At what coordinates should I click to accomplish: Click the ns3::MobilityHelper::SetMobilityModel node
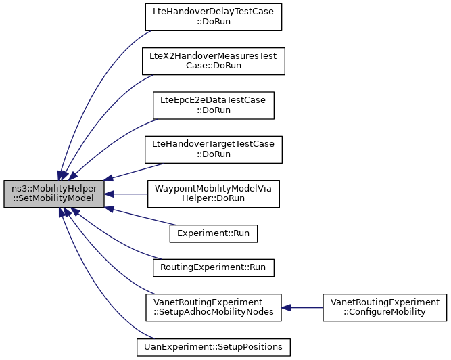coord(54,194)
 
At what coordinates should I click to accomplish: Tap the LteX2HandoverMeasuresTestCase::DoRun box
coord(213,61)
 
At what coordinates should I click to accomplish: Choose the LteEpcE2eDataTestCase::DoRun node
coord(213,105)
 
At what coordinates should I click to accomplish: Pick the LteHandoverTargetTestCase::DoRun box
coord(213,149)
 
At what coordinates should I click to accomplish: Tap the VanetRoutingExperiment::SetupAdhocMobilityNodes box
coord(213,307)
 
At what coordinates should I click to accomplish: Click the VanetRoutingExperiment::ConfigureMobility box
coord(384,307)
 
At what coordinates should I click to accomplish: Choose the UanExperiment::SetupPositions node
coord(213,347)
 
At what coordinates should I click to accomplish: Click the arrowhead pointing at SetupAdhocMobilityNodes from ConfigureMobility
coord(287,307)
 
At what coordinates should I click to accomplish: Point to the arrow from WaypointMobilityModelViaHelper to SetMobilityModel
coord(128,194)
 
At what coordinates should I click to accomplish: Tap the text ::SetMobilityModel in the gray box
coord(54,199)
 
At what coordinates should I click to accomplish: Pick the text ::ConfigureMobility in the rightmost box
coord(384,313)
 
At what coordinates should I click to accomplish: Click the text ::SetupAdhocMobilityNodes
coord(213,313)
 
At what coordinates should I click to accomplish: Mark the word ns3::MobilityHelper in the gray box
coord(54,188)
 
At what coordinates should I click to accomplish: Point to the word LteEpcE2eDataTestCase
coord(213,99)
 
